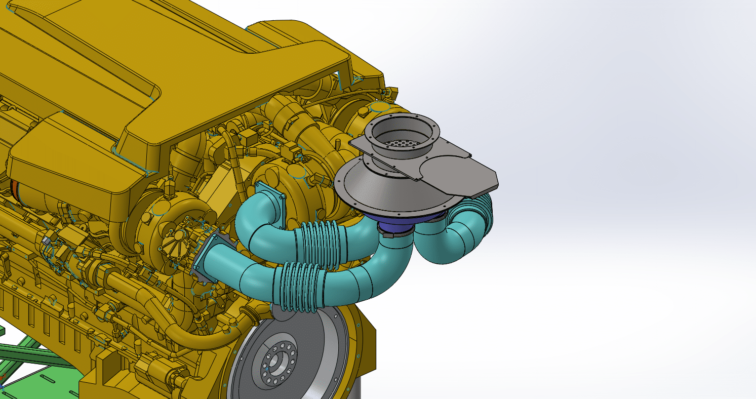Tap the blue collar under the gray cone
[400, 222]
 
